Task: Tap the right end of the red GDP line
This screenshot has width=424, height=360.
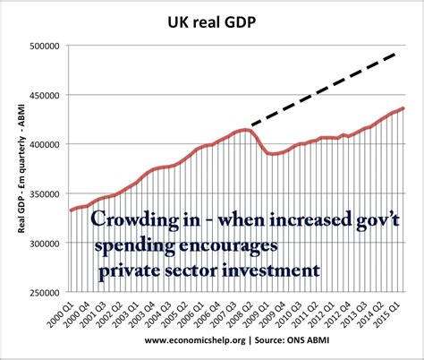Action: pos(403,108)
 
